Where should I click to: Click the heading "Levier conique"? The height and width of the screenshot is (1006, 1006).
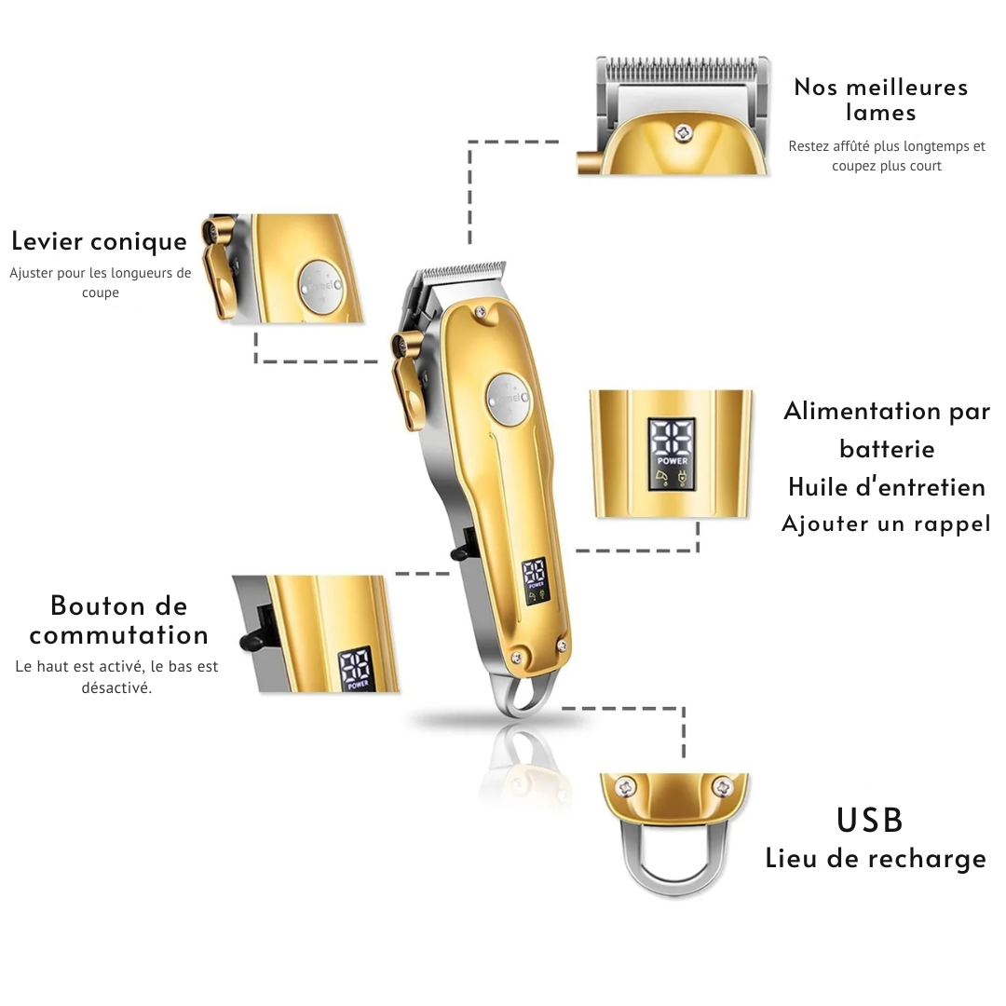[100, 242]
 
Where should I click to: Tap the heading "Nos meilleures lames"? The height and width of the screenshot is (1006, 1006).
[881, 100]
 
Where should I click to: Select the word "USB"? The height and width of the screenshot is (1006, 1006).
[870, 820]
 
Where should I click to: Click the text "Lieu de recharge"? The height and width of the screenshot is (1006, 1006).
[876, 859]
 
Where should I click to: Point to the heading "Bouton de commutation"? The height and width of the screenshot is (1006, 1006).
[119, 619]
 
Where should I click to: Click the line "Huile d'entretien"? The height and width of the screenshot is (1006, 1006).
[887, 487]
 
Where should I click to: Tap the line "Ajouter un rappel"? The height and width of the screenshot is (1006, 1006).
[886, 523]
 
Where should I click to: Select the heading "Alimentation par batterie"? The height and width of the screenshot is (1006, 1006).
[887, 429]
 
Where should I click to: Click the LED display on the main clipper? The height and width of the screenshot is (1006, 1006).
[535, 580]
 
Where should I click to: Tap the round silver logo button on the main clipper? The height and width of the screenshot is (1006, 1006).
[509, 400]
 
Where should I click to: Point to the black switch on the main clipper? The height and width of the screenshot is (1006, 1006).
[462, 550]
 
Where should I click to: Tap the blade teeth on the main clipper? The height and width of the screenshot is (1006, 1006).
[463, 270]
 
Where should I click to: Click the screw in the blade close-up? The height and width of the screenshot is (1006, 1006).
[684, 133]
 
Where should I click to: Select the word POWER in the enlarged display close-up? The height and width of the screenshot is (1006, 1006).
[672, 461]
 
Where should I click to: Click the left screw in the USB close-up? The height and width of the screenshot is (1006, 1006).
[625, 787]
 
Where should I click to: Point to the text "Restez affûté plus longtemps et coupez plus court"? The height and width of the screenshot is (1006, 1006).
[887, 156]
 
